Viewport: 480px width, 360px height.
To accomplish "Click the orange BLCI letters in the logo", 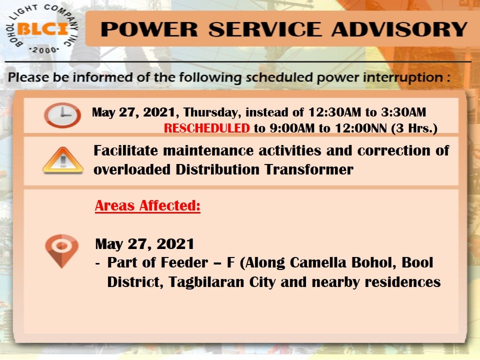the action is [42, 29].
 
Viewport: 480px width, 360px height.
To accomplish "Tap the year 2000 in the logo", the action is [44, 50].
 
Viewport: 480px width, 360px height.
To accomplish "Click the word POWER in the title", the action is [149, 29].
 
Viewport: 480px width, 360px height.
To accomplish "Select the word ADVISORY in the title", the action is [399, 29].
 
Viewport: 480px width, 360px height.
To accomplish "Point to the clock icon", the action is [62, 115].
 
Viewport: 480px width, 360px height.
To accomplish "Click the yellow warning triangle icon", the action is [63, 160].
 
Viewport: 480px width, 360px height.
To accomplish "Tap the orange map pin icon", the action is [61, 251].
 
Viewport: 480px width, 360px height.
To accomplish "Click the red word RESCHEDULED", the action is [207, 128].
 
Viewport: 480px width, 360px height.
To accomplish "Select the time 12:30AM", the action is [334, 112].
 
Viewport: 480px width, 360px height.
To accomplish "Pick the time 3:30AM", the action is [403, 112].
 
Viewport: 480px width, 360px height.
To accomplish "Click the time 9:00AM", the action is [292, 128].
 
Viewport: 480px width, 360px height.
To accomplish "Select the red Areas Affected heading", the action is [147, 205].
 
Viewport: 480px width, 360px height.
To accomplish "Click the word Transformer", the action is [309, 169].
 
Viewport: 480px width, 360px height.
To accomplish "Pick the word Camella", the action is [318, 262].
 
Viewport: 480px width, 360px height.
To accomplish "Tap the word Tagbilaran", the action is [206, 282].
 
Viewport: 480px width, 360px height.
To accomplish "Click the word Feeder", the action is [184, 262].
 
